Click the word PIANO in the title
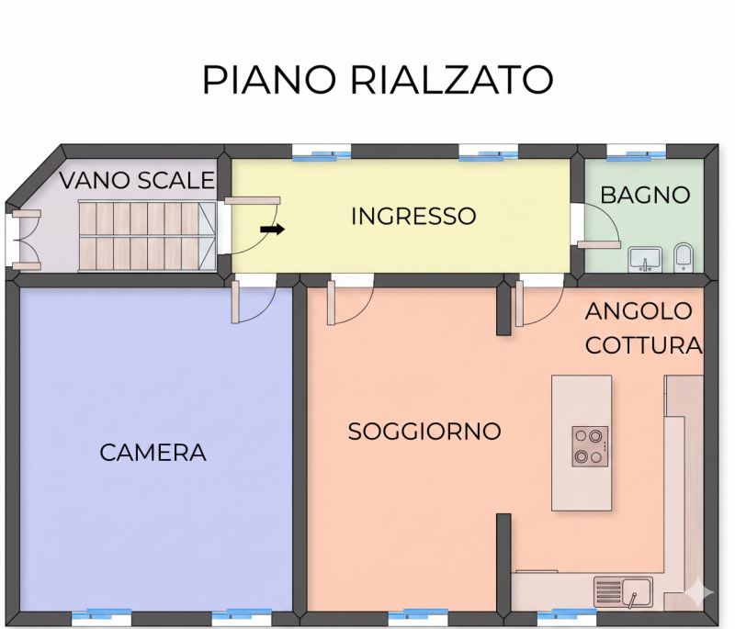tap(269, 79)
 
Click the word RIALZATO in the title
tap(452, 79)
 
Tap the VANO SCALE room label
tap(137, 180)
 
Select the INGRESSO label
tap(413, 217)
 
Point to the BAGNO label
tap(645, 195)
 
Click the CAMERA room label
tap(153, 453)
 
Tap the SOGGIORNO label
tap(424, 432)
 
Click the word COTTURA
tap(644, 345)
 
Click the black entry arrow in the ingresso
tap(272, 230)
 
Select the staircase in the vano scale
tap(147, 236)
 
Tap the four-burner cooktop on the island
tap(590, 446)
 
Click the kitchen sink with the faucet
tap(623, 592)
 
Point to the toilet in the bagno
tap(684, 257)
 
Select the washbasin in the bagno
tap(645, 260)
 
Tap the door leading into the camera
tap(254, 301)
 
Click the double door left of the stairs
tap(27, 240)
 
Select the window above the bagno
tap(636, 152)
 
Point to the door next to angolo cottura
tap(539, 303)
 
